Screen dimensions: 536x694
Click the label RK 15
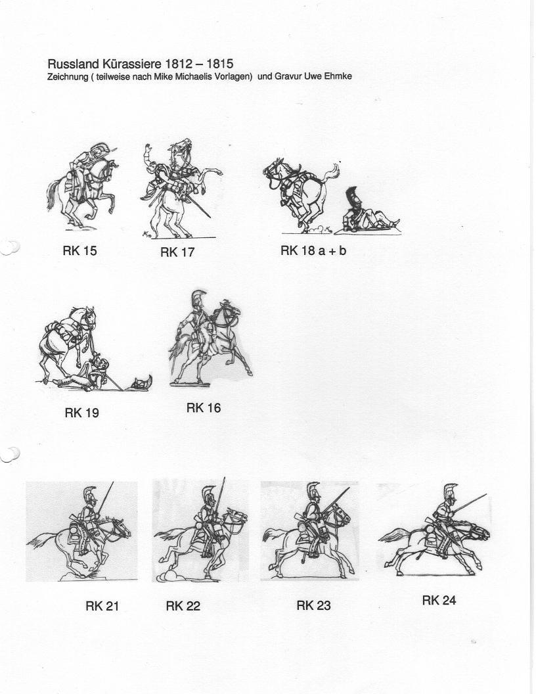click(x=79, y=251)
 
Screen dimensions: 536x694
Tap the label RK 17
click(x=177, y=252)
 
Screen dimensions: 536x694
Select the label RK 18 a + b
click(x=313, y=250)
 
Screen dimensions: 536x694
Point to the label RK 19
click(x=82, y=413)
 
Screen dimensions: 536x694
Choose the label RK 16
click(x=204, y=407)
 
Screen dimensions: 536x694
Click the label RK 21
click(x=102, y=605)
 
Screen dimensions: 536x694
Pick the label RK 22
click(x=183, y=605)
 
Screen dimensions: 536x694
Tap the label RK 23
click(x=313, y=605)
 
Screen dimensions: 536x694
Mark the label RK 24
click(x=439, y=600)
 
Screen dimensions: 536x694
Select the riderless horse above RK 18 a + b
click(x=301, y=194)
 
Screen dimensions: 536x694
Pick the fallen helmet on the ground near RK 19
click(x=140, y=382)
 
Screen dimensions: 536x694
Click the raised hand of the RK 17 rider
click(x=147, y=150)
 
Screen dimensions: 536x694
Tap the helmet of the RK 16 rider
click(x=198, y=300)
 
